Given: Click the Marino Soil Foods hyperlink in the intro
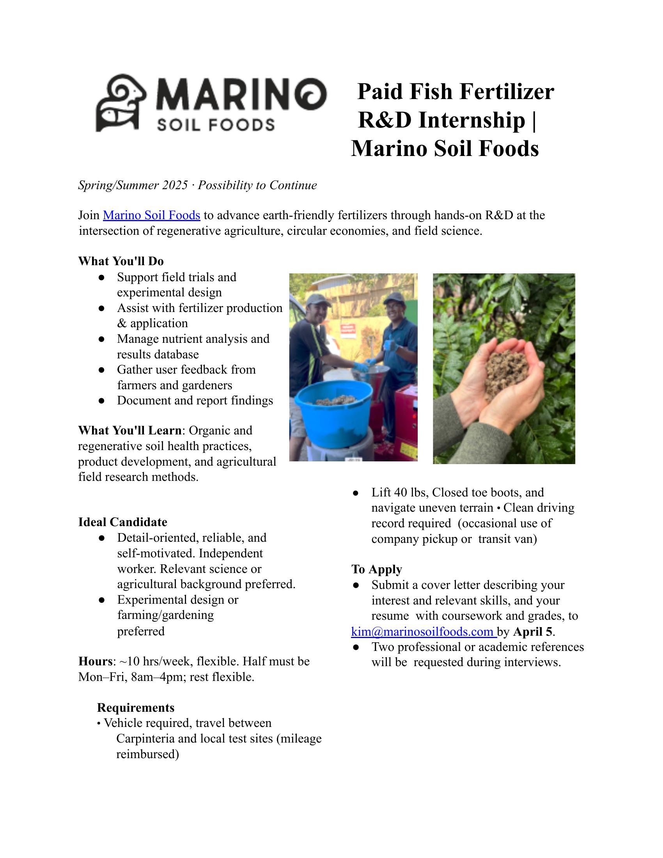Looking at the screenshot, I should point(151,215).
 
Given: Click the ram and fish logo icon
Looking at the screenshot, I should point(121,103).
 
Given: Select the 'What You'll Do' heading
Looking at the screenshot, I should point(121,261).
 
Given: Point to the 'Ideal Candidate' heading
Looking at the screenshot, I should point(122,522).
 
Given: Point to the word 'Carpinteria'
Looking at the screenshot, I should point(146,738).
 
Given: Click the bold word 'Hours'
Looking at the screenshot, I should point(96,661).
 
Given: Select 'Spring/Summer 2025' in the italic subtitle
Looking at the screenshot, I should point(133,185).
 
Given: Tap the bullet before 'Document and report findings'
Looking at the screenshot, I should point(101,401).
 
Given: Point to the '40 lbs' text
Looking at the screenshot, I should point(409,492).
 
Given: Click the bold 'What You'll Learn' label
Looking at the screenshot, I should point(129,430).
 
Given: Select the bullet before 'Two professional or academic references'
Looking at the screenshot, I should point(356,647).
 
